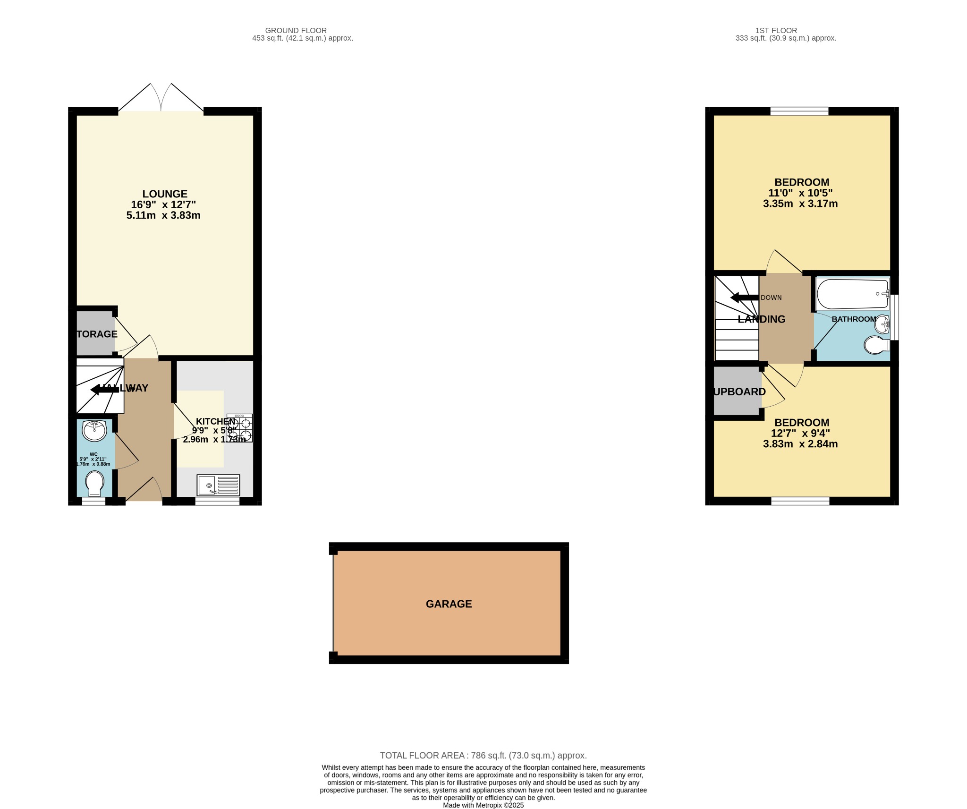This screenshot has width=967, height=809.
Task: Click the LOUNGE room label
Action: tap(165, 194)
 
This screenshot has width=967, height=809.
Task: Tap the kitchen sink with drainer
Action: tap(218, 485)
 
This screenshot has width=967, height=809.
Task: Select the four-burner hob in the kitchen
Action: tap(239, 428)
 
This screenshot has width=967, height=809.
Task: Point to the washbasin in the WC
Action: tap(94, 430)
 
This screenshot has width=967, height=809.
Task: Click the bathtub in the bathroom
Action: tap(852, 294)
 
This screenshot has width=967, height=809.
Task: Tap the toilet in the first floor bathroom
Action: tap(876, 345)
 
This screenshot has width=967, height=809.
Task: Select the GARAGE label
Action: tap(449, 604)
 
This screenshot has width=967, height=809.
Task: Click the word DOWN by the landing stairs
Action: tap(771, 298)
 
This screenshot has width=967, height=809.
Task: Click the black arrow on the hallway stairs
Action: tap(104, 389)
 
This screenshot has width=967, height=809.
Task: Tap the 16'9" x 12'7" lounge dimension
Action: tap(163, 204)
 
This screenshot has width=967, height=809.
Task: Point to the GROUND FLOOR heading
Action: tap(296, 30)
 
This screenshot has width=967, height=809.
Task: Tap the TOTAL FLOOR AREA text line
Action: tap(483, 755)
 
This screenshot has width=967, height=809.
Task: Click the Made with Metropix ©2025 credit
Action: tap(483, 805)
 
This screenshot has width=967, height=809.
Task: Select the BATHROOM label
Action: tap(853, 319)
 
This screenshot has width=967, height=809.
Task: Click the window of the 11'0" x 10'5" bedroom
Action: tap(799, 111)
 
